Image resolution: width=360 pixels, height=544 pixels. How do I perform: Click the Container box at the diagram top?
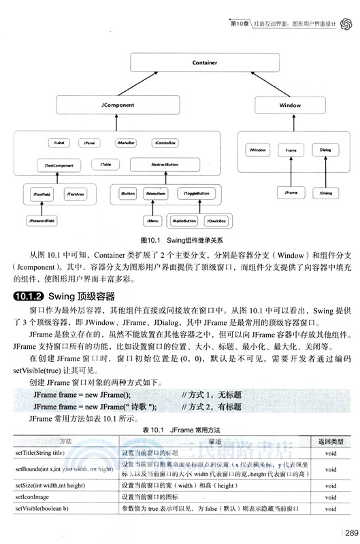(x=204, y=63)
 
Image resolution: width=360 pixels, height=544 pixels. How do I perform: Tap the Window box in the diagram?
(x=290, y=105)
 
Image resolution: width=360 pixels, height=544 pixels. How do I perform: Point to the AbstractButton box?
(x=164, y=165)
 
